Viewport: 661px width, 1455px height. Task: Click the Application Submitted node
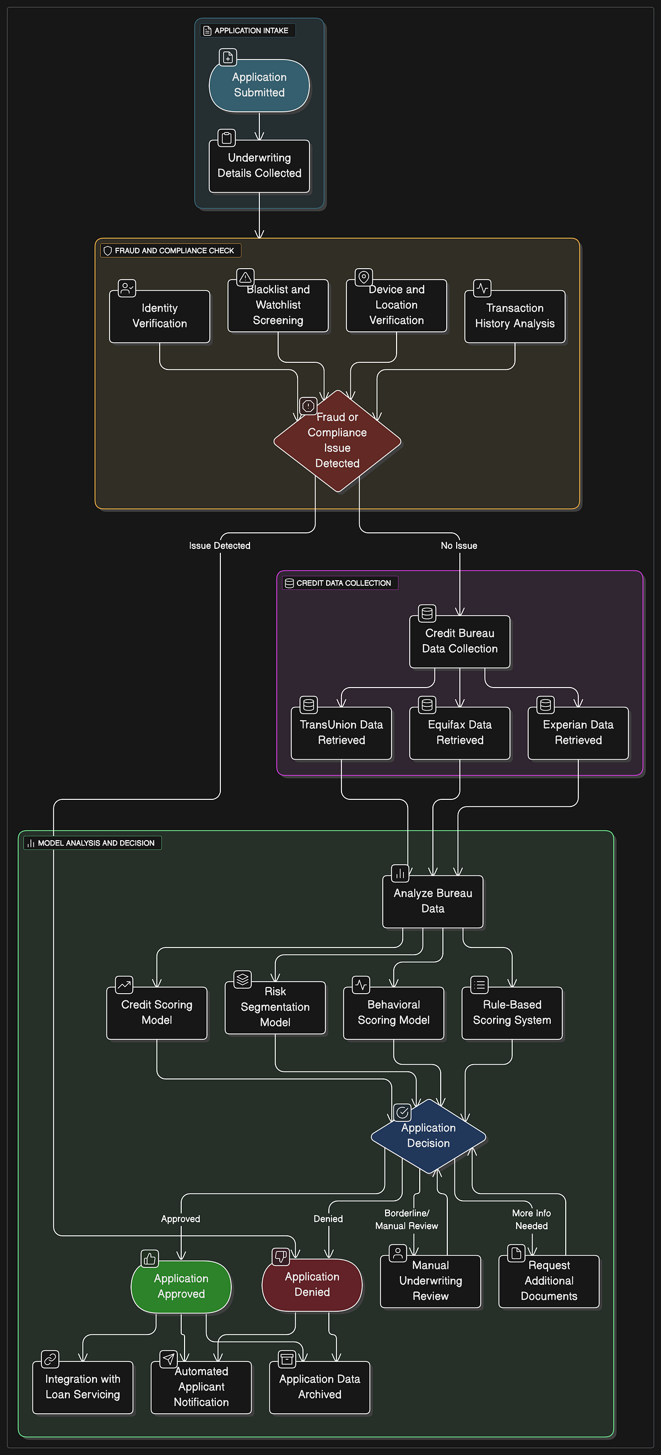pyautogui.click(x=259, y=85)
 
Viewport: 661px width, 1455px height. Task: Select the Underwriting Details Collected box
pyautogui.click(x=259, y=166)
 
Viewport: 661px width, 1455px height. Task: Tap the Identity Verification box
pyautogui.click(x=159, y=317)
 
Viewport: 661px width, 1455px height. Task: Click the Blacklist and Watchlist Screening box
pyautogui.click(x=278, y=306)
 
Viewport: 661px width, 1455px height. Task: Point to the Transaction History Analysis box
pyautogui.click(x=514, y=317)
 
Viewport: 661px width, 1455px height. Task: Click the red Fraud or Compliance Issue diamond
pyautogui.click(x=337, y=440)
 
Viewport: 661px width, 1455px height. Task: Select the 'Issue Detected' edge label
pyautogui.click(x=220, y=546)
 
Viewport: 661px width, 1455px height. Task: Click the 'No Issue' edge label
pyautogui.click(x=459, y=546)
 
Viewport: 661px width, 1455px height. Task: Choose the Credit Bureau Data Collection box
pyautogui.click(x=460, y=642)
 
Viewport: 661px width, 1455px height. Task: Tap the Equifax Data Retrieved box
pyautogui.click(x=460, y=733)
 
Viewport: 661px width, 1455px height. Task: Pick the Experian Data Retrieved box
pyautogui.click(x=578, y=733)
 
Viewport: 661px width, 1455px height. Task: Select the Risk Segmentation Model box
pyautogui.click(x=275, y=1007)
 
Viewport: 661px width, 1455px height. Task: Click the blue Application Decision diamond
pyautogui.click(x=428, y=1136)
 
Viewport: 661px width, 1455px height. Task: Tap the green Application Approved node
pyautogui.click(x=181, y=1287)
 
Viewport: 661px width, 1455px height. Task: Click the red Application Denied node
pyautogui.click(x=312, y=1285)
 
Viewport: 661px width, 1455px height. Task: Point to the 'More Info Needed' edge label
pyautogui.click(x=532, y=1219)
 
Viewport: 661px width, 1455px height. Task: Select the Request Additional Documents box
pyautogui.click(x=549, y=1282)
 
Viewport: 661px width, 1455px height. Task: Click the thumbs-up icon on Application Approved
pyautogui.click(x=150, y=1258)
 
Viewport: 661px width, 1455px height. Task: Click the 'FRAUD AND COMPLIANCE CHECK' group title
pyautogui.click(x=174, y=250)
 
